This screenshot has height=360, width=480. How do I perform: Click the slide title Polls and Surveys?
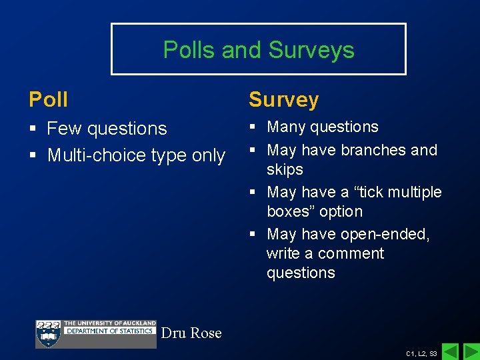(x=259, y=50)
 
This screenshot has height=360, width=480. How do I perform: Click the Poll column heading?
(x=49, y=100)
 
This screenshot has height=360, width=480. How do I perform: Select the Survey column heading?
(x=283, y=100)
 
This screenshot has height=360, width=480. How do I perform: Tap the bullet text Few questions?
(x=107, y=128)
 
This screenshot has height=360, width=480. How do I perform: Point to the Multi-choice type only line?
(x=136, y=155)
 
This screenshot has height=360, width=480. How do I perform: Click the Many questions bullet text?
(x=322, y=127)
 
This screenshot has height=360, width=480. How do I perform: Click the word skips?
(x=285, y=169)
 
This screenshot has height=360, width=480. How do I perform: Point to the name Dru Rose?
(x=191, y=333)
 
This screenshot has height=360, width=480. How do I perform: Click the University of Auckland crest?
(x=48, y=334)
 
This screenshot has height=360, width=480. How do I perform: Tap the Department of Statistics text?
(x=109, y=331)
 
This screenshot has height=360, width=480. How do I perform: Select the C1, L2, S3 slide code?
(x=421, y=353)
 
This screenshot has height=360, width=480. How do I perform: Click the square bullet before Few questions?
(x=33, y=129)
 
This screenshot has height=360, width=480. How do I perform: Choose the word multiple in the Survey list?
(x=415, y=192)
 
